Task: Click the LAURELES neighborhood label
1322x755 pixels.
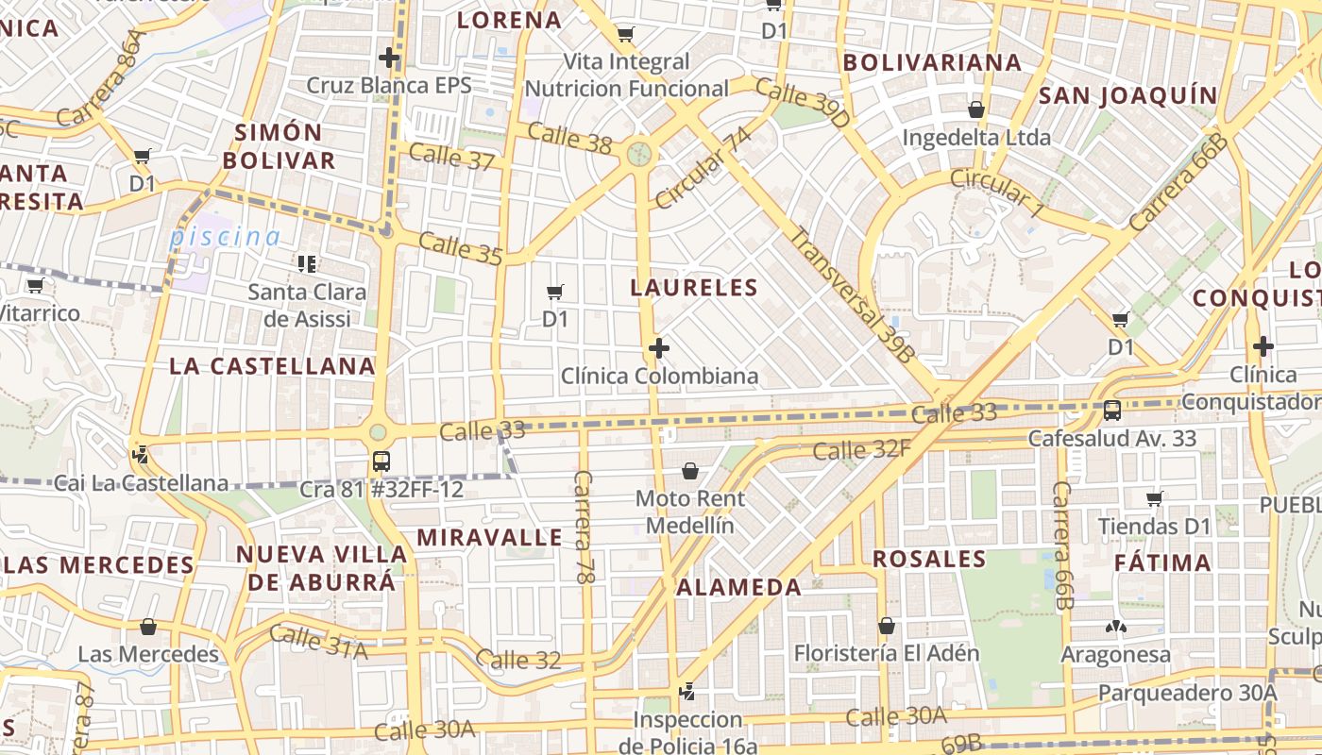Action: (x=694, y=288)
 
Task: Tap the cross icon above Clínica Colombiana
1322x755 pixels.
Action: (x=659, y=349)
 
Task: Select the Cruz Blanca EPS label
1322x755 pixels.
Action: (x=388, y=85)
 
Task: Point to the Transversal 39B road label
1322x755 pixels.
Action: (x=853, y=295)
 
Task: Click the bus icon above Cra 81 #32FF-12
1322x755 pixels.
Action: (x=381, y=461)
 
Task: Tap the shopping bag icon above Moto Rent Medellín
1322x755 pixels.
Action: (x=690, y=471)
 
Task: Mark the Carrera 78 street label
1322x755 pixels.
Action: (x=583, y=526)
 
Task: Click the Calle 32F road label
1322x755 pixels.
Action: (x=861, y=449)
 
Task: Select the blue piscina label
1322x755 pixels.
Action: (x=225, y=237)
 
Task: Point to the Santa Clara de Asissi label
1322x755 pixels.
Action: (x=307, y=305)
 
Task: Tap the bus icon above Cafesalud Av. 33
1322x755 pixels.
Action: (x=1112, y=411)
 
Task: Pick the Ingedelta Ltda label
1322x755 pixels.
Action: (x=976, y=138)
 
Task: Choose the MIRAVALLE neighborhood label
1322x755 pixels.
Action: (x=489, y=538)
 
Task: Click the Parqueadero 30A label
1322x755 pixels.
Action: (x=1187, y=693)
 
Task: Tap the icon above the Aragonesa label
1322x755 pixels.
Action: (x=1115, y=627)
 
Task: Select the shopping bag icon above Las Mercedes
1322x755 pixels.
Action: (x=147, y=627)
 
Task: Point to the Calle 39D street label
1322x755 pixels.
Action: (x=803, y=104)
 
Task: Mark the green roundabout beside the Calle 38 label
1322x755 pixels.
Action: (x=639, y=153)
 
